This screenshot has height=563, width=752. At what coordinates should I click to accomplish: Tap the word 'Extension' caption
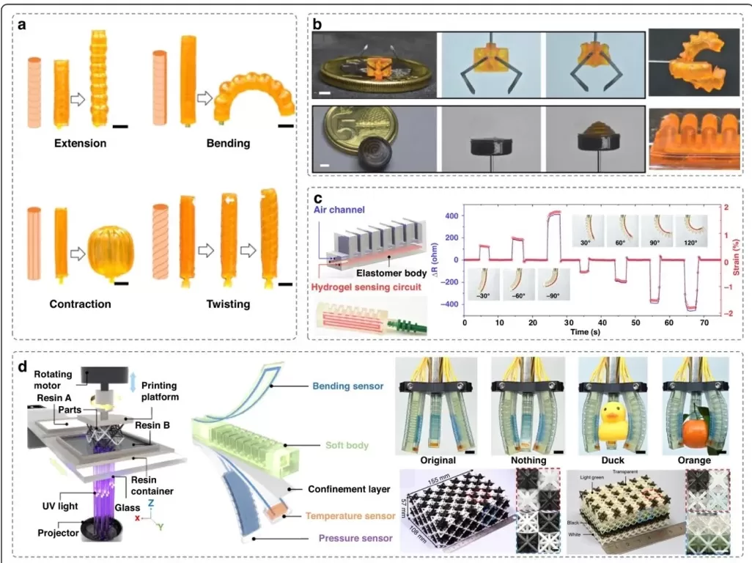(80, 143)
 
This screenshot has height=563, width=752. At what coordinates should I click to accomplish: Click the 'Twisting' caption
(224, 303)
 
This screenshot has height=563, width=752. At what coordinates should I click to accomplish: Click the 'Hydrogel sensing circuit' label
(364, 288)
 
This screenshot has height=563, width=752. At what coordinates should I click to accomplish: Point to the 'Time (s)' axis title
(586, 331)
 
